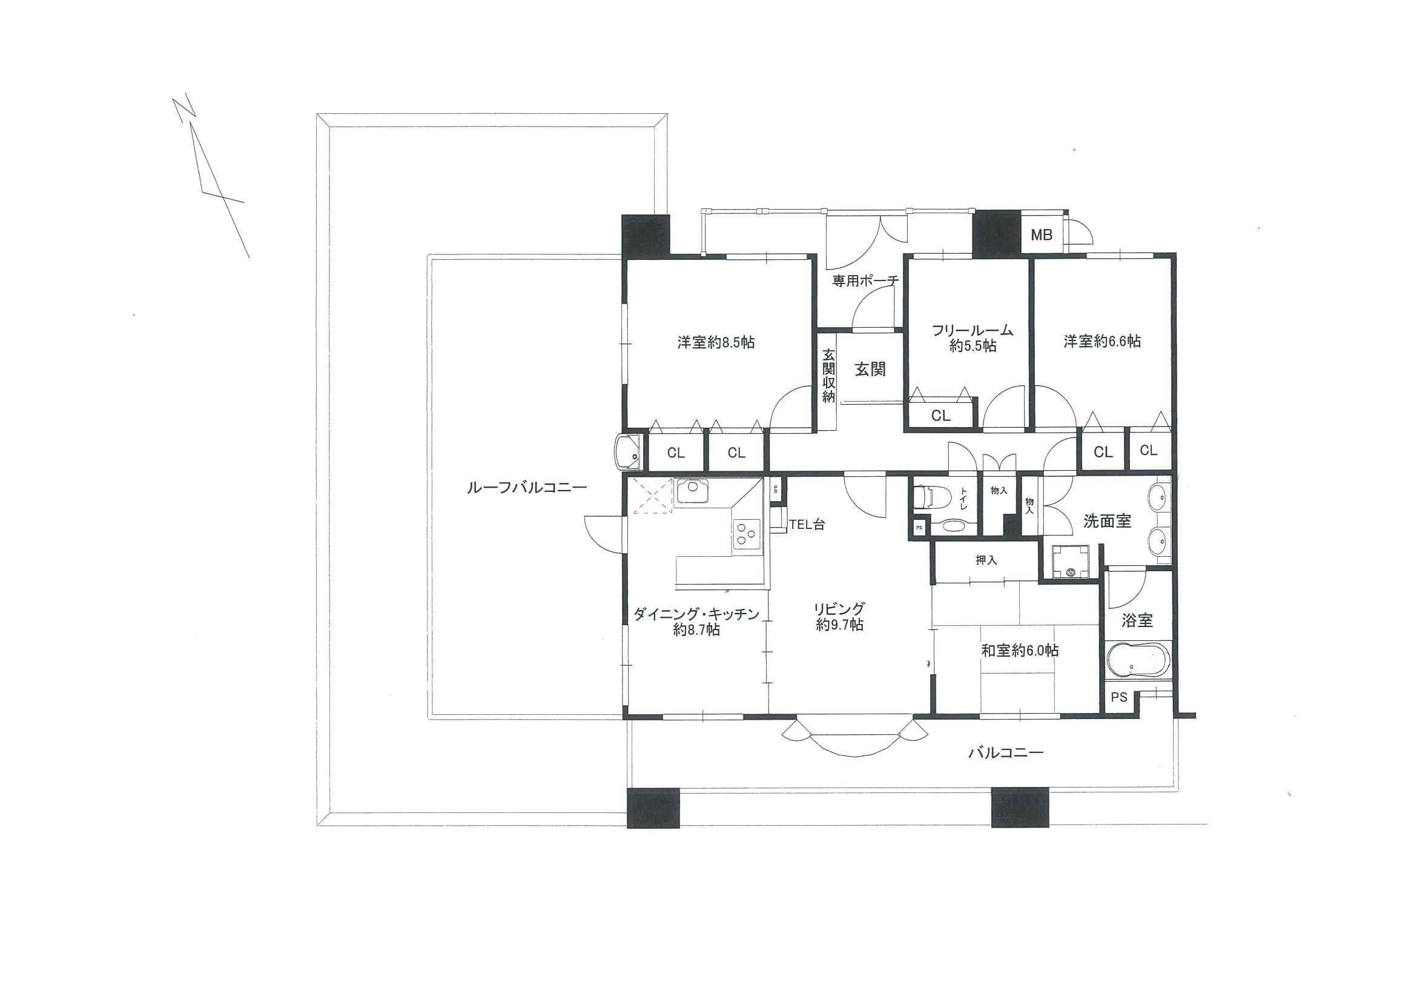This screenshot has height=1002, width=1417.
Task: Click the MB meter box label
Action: click(1042, 235)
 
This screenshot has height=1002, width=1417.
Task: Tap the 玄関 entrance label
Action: click(870, 369)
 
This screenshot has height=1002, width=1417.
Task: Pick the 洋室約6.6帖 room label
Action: click(1102, 341)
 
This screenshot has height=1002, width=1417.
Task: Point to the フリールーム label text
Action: click(973, 330)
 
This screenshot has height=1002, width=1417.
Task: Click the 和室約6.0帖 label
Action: click(1020, 650)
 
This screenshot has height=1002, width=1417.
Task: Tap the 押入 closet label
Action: click(986, 560)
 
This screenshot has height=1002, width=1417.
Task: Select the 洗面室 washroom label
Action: click(1107, 521)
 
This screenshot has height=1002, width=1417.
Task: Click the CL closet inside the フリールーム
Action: click(940, 416)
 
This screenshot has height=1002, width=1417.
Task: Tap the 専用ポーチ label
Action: click(865, 281)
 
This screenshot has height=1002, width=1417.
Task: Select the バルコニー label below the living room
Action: click(1005, 752)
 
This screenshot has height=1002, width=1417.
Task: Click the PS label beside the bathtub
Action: click(1119, 698)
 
